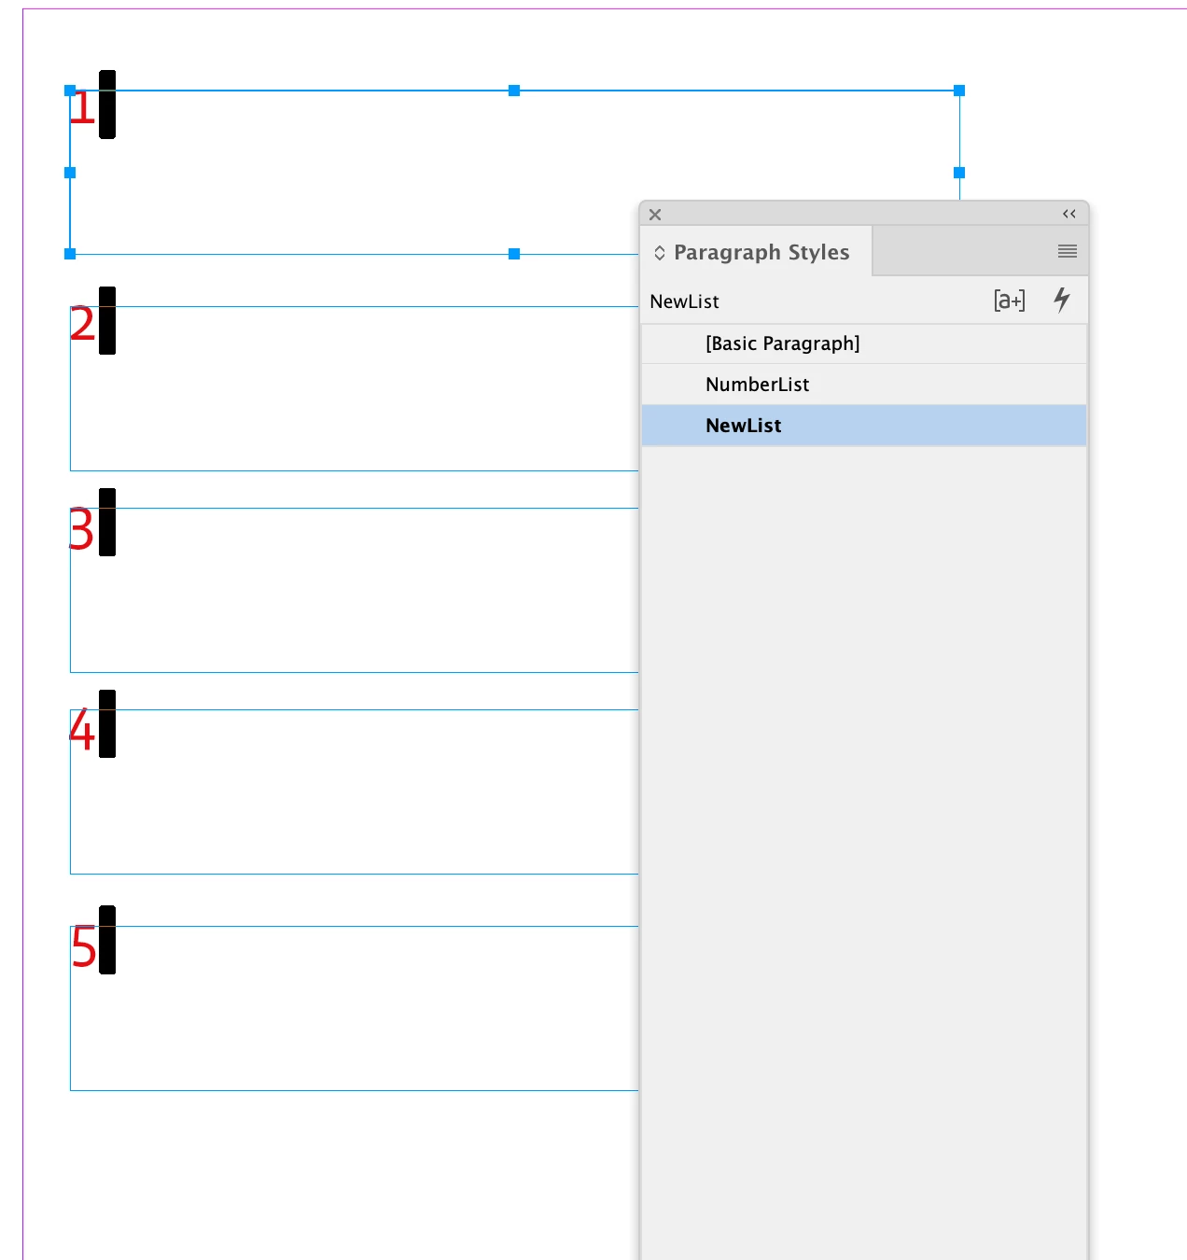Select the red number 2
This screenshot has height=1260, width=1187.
82,324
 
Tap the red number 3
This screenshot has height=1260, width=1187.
81,528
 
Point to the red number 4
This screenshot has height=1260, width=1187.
82,729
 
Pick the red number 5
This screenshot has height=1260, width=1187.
83,946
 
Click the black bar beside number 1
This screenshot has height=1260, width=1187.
107,104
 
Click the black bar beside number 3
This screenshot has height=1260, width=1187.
107,522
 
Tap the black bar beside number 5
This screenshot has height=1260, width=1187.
107,940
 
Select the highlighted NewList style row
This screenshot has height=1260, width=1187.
863,425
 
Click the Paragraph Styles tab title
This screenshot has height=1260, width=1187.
761,253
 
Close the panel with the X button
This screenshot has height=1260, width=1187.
655,215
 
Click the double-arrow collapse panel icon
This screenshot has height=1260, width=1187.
1069,214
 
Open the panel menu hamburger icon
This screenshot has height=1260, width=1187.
1068,251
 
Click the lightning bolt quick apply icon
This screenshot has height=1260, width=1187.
1061,300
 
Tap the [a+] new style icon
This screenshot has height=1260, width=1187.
1010,301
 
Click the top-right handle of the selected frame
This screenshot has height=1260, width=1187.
959,91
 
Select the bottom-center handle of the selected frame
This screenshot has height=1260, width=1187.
514,254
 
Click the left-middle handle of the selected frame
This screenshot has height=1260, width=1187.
70,173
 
